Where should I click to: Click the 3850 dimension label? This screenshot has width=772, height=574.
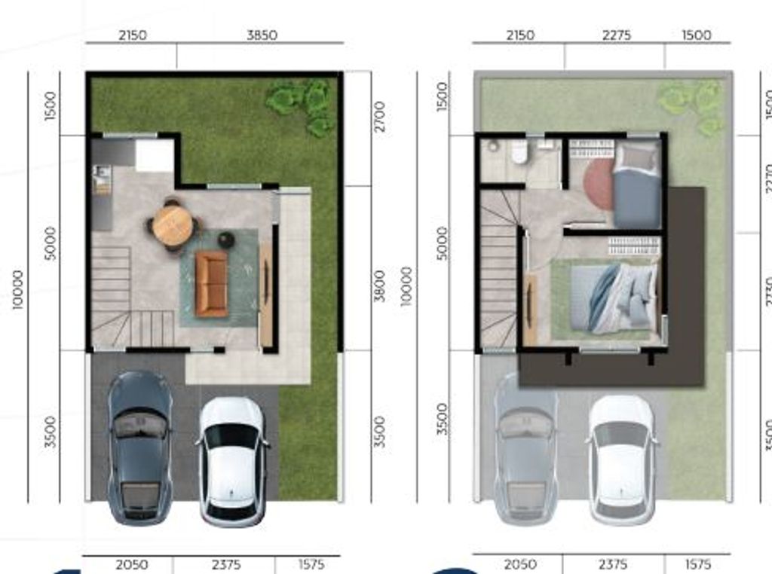[262, 35]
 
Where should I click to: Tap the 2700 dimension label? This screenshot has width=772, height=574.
[379, 116]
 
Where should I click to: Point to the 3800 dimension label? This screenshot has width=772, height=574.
[379, 285]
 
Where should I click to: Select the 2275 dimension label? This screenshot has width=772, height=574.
[617, 35]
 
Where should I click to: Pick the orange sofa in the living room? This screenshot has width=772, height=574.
[211, 283]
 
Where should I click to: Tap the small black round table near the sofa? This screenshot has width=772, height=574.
[226, 240]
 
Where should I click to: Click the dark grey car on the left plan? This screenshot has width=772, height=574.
[139, 447]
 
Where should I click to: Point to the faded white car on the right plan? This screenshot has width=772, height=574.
[621, 460]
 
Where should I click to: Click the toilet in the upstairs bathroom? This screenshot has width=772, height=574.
[519, 153]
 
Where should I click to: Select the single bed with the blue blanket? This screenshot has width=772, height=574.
[637, 187]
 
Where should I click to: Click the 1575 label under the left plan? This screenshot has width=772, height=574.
[311, 564]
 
